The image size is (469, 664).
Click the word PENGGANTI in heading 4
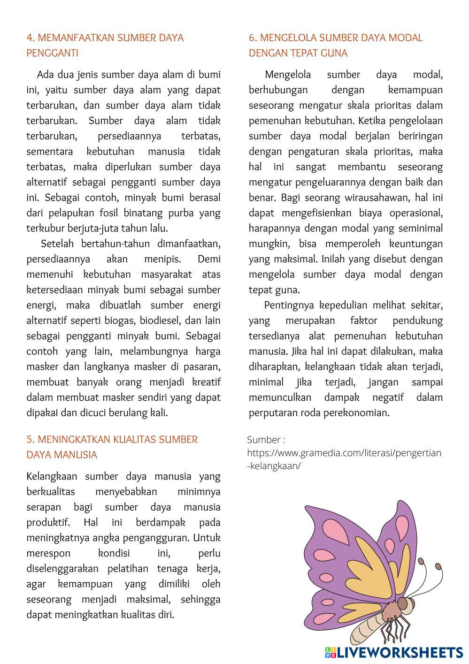(52, 53)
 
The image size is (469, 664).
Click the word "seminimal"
(420, 229)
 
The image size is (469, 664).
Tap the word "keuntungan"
(415, 244)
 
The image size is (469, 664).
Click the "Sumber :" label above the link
(266, 440)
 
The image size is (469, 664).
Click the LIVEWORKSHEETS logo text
(400, 652)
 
